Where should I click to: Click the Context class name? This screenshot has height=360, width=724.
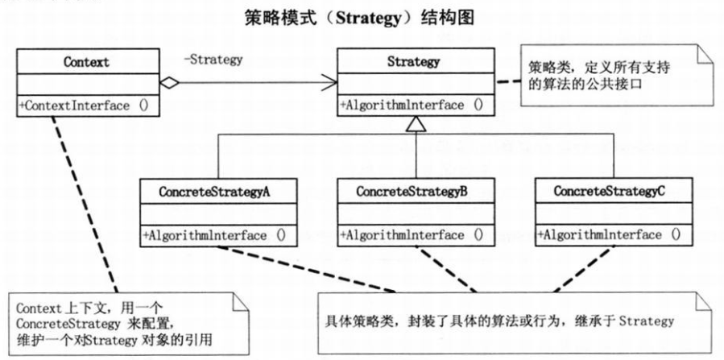pyautogui.click(x=86, y=61)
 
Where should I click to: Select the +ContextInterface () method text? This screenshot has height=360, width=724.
pyautogui.click(x=86, y=105)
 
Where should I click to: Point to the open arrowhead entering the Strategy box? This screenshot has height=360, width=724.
pyautogui.click(x=328, y=82)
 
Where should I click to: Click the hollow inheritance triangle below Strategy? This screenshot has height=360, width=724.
pyautogui.click(x=415, y=122)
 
